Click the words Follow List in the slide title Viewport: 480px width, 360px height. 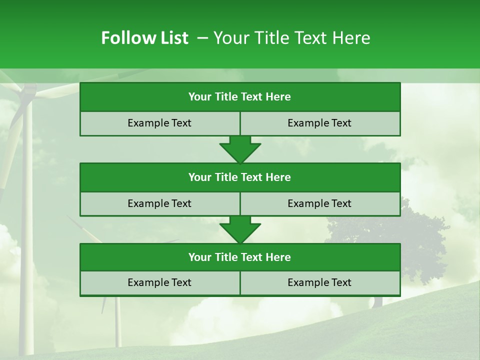click(144, 38)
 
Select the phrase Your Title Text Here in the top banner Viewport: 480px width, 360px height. click(291, 38)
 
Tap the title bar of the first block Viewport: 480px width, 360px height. click(239, 97)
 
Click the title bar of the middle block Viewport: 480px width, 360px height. click(239, 177)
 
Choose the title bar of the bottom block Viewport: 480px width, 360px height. click(239, 257)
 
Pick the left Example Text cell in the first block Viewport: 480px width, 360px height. click(159, 123)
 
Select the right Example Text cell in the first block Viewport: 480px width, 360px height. click(319, 123)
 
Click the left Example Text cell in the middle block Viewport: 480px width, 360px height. click(159, 203)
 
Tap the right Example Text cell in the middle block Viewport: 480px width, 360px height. click(319, 203)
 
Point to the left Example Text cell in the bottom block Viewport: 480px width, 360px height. click(159, 282)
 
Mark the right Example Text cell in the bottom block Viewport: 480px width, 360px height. click(319, 282)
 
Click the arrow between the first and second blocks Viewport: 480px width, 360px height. click(240, 149)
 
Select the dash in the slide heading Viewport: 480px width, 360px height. click(203, 38)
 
